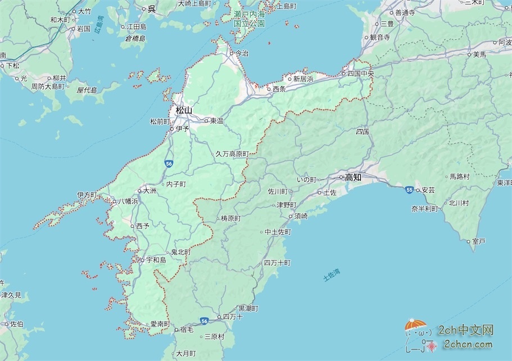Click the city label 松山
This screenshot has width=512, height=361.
pos(184,110)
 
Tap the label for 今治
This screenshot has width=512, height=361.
pos(241,53)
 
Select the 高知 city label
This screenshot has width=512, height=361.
pos(353,177)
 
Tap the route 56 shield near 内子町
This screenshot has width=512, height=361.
pos(169,163)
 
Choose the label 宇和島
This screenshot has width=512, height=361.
pos(156,260)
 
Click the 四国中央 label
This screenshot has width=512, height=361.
pos(360,73)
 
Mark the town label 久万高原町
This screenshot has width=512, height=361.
pos(232,153)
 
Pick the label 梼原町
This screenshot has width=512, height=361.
pos(230,218)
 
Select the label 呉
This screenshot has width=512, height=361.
pos(151,8)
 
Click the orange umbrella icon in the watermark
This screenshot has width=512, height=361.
pos(416,325)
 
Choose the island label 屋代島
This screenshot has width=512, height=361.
pos(87,90)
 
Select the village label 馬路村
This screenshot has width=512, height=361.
pos(459,176)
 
